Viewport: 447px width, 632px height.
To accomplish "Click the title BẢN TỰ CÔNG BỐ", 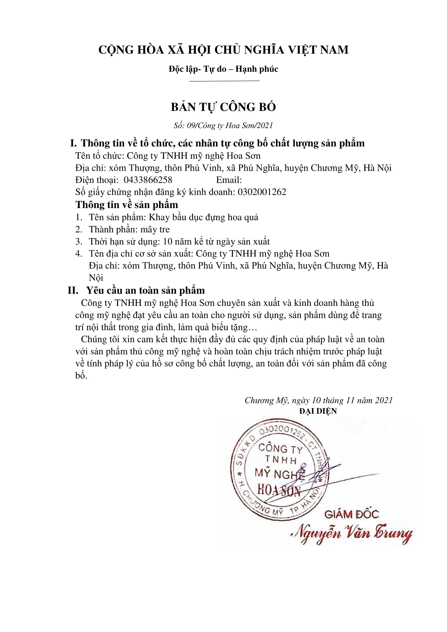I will pos(223,107).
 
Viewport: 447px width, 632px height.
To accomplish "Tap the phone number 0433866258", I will pos(148,180).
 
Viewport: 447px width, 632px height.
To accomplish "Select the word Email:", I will pos(229,180).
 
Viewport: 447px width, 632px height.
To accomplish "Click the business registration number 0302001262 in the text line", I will pos(262,192).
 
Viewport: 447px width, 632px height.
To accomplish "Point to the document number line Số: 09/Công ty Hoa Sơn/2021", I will pos(223,126).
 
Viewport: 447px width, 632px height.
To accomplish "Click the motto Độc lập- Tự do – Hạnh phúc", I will pos(223,69).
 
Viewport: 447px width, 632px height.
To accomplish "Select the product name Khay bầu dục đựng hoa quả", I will pos(204,218).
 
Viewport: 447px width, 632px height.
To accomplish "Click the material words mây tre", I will pos(155,230).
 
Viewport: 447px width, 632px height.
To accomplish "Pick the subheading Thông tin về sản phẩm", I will pos(127,205).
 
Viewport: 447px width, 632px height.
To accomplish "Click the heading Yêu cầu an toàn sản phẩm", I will pos(146,291).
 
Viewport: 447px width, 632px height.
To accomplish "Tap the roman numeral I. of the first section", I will pos(74,143).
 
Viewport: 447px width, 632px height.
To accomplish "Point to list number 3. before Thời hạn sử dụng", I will pos(79,242).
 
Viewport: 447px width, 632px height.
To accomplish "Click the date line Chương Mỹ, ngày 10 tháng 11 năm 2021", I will pos(318,400).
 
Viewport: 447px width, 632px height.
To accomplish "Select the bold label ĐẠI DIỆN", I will pos(318,411).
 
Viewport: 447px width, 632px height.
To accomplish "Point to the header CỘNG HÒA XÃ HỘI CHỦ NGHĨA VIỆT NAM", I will pos(223,50).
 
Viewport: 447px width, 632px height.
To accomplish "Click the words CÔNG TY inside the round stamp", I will pos(280,449).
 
